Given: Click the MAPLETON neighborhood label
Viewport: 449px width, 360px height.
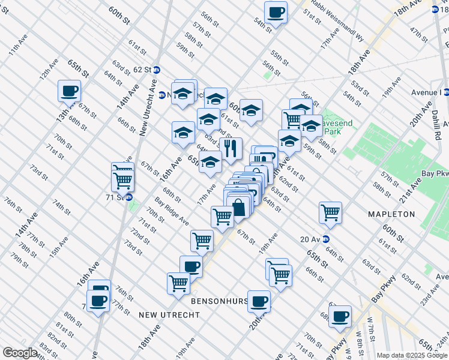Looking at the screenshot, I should (x=392, y=214).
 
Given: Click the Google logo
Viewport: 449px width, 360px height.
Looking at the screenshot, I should (x=20, y=353).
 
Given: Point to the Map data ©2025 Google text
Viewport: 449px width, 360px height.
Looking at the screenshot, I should (x=412, y=355).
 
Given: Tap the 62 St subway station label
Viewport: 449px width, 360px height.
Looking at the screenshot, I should (x=143, y=70).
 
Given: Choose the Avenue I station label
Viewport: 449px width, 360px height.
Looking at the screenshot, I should (x=426, y=92).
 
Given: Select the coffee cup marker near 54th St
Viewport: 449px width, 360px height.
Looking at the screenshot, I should (x=276, y=12).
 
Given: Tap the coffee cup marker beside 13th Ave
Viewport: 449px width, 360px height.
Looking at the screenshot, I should (x=69, y=91).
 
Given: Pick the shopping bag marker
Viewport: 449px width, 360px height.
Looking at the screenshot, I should (x=239, y=208).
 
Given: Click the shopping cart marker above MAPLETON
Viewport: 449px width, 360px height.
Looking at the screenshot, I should (x=330, y=212).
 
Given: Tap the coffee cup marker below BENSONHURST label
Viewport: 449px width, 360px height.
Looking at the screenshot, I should (x=259, y=301).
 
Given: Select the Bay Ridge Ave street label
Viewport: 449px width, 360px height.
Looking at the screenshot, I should (x=171, y=211).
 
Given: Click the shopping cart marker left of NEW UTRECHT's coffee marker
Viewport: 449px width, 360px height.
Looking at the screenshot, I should (x=179, y=283).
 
